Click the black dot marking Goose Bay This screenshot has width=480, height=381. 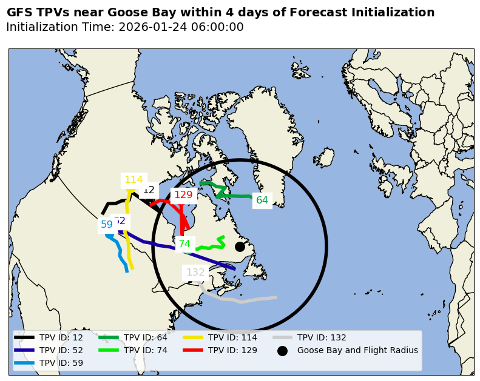(240, 247)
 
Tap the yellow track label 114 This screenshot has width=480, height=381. (134, 180)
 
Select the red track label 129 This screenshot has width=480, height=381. (183, 195)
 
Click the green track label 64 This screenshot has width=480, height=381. (262, 200)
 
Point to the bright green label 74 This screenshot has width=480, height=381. (184, 244)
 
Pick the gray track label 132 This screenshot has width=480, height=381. (195, 273)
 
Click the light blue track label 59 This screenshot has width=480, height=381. (107, 225)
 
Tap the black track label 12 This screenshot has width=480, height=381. (149, 190)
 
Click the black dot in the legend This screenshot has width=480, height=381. (282, 351)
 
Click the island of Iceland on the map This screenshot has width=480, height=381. (324, 157)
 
